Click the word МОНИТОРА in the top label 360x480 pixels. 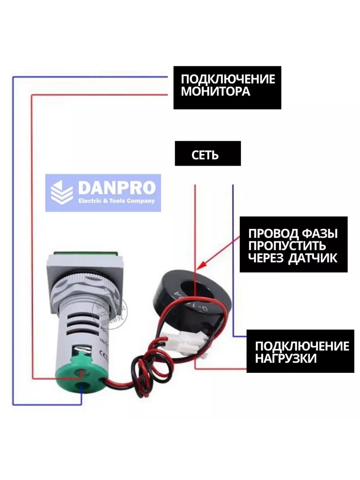click(x=216, y=91)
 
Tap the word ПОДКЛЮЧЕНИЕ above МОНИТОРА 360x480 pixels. click(x=228, y=78)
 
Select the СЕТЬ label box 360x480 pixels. click(x=207, y=154)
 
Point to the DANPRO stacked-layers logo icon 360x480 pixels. click(x=62, y=193)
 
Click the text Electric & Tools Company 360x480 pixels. click(x=116, y=201)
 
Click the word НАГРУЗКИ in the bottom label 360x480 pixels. click(x=286, y=358)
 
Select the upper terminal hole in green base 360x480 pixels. click(x=84, y=372)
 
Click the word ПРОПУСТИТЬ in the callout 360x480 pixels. click(x=287, y=246)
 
